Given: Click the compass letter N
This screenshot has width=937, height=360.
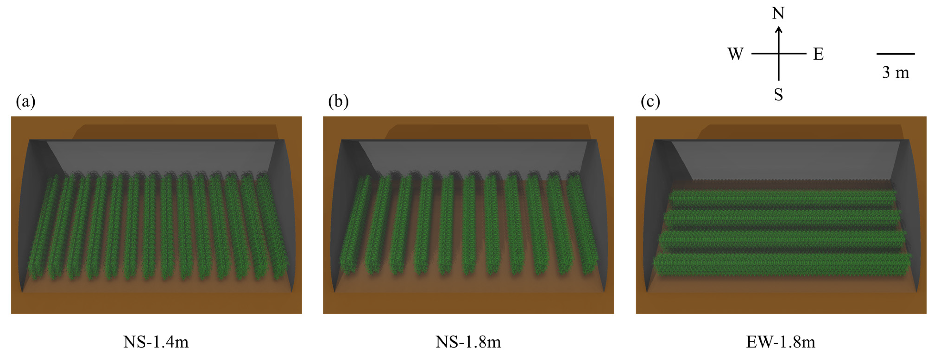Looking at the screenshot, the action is (x=778, y=14).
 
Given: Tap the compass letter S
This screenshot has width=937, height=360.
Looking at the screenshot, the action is (x=778, y=95).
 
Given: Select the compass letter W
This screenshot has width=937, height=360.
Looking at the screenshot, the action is (x=735, y=54).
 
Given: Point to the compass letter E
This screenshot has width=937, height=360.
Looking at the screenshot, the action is (x=818, y=54).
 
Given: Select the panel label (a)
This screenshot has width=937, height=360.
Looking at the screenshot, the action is (x=25, y=101).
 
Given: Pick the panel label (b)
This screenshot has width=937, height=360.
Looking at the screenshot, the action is (x=338, y=101).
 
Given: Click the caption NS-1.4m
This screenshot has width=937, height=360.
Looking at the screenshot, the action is (x=156, y=342).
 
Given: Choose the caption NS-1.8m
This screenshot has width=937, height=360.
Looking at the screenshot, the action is (x=468, y=342).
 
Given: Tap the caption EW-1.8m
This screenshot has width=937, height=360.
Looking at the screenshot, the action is (x=781, y=342).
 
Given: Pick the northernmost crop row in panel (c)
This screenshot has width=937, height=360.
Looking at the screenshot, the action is (x=782, y=197).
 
